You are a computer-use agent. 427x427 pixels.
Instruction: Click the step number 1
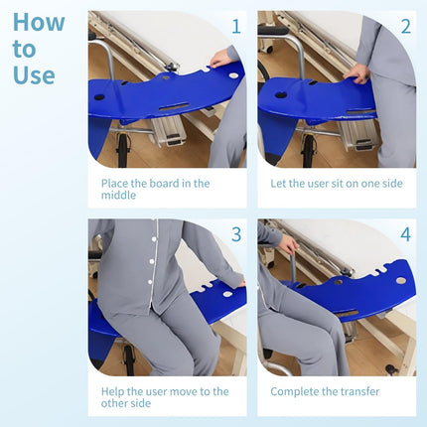click(x=236, y=27)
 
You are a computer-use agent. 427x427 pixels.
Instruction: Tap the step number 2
click(x=406, y=27)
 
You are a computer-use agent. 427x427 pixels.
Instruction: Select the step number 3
click(x=236, y=234)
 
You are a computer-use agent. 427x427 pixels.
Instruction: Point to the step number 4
click(x=406, y=234)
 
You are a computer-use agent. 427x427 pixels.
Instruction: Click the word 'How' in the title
click(x=39, y=23)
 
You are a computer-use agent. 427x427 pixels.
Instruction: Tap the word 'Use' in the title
click(x=34, y=74)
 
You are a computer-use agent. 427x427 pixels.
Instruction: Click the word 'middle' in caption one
click(x=118, y=195)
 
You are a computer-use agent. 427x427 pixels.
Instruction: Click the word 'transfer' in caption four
click(x=360, y=391)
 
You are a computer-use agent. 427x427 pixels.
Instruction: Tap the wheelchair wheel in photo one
click(x=122, y=151)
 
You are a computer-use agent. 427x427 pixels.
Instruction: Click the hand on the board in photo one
click(x=221, y=60)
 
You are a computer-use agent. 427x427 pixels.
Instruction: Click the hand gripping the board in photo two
click(x=356, y=74)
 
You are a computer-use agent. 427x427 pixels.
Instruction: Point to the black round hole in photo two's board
click(x=280, y=95)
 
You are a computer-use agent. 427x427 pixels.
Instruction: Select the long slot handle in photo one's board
click(x=174, y=107)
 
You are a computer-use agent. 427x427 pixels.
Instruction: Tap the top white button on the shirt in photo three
click(x=154, y=239)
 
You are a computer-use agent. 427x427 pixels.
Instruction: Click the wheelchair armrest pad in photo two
click(x=273, y=31)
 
